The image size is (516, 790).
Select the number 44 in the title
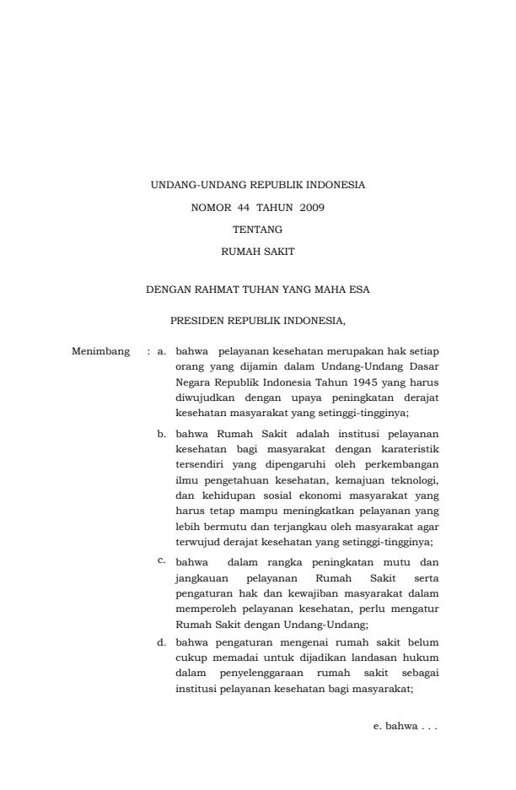click(x=233, y=206)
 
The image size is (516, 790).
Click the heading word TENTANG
click(x=257, y=228)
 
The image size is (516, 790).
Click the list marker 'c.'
click(x=162, y=560)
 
